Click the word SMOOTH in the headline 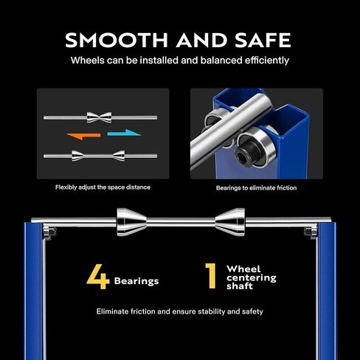click(x=117, y=40)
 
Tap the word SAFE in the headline click(x=263, y=40)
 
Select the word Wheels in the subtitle click(x=88, y=60)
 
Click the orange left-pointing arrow click(x=83, y=136)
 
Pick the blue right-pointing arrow click(x=125, y=133)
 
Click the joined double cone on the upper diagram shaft click(x=99, y=117)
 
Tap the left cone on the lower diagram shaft click(x=77, y=156)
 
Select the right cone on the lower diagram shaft click(x=119, y=156)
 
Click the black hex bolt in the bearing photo click(x=246, y=154)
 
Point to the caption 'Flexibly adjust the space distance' click(x=103, y=187)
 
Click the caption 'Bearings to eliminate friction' click(x=256, y=188)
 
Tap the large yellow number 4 click(x=98, y=277)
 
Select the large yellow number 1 click(x=211, y=276)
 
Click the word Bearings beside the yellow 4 click(x=136, y=281)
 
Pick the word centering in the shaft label click(x=252, y=278)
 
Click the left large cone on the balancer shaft click(x=131, y=222)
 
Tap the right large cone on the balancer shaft click(x=230, y=222)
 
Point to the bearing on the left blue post click(x=49, y=232)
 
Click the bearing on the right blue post click(x=311, y=232)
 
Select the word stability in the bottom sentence click(x=211, y=311)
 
